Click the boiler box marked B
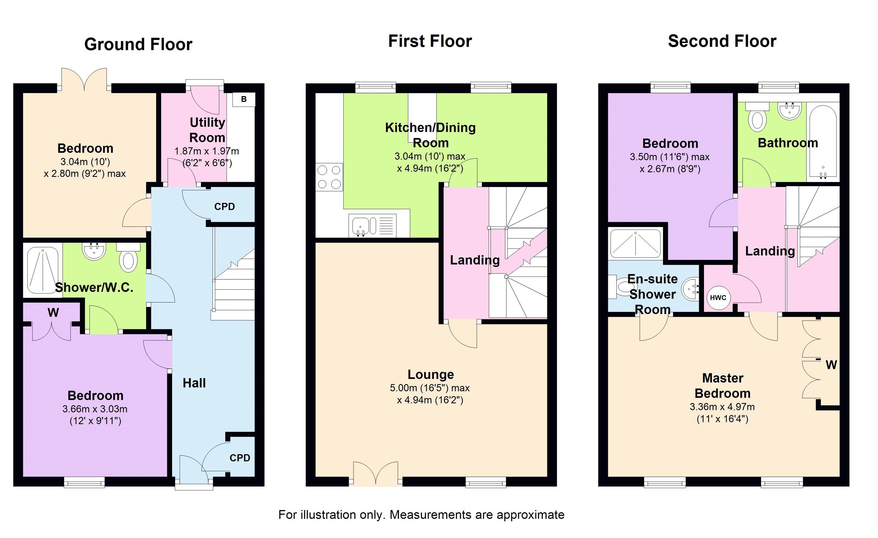pyautogui.click(x=244, y=99)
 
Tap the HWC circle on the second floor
pyautogui.click(x=718, y=298)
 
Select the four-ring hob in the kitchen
pyautogui.click(x=329, y=177)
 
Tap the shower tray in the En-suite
pyautogui.click(x=635, y=244)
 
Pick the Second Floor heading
pyautogui.click(x=722, y=41)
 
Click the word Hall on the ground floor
pyautogui.click(x=194, y=383)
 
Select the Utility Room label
pyautogui.click(x=207, y=130)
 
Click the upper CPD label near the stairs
pyautogui.click(x=224, y=207)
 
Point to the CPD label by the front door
pyautogui.click(x=240, y=458)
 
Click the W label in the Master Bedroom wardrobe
pyautogui.click(x=831, y=365)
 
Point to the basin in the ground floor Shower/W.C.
pyautogui.click(x=94, y=251)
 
